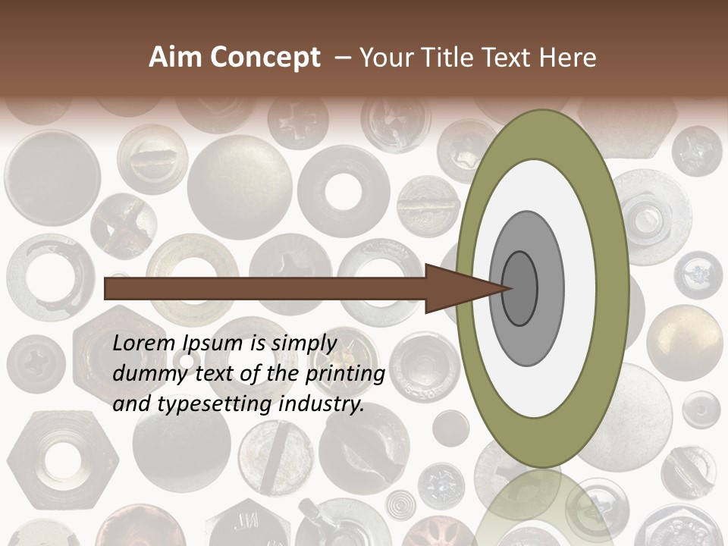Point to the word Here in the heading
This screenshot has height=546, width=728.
pos(567,58)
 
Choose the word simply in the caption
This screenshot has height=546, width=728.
pos(304,344)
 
